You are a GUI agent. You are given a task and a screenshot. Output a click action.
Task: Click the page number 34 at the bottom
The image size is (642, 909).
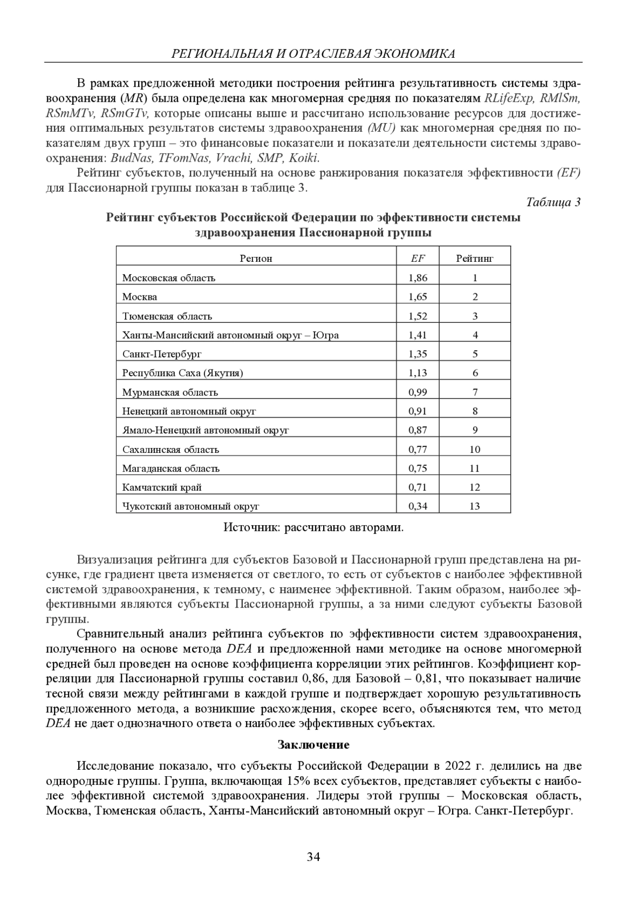(x=314, y=857)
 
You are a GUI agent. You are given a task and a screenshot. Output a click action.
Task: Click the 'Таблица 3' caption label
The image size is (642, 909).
(x=553, y=202)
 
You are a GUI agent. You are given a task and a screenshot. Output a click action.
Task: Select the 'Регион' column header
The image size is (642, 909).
(x=256, y=259)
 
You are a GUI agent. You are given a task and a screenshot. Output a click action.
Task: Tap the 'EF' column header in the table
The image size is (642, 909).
(x=418, y=259)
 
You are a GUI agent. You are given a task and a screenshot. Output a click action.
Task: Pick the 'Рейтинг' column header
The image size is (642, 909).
(x=475, y=259)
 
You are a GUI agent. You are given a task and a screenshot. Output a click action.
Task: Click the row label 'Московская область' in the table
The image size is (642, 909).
(x=169, y=278)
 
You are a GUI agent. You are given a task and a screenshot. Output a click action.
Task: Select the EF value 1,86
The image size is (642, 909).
(x=418, y=278)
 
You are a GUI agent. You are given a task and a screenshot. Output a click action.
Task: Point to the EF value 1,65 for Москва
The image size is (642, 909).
(x=418, y=297)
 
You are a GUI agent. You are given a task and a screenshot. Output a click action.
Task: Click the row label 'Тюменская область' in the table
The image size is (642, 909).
(x=167, y=316)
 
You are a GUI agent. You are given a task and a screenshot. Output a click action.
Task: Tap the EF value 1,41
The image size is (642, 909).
(x=418, y=336)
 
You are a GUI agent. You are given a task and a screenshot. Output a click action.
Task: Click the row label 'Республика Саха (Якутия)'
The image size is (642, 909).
(x=182, y=374)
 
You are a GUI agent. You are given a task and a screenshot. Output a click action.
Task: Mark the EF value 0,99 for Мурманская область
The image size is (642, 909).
(x=418, y=392)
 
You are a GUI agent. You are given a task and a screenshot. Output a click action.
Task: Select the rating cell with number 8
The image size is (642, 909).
(x=475, y=412)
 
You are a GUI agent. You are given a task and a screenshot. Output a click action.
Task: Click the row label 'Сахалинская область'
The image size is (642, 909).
(x=171, y=450)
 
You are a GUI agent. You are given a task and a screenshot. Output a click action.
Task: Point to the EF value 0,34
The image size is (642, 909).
(x=418, y=506)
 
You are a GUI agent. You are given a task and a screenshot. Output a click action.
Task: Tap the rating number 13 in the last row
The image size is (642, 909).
(x=475, y=506)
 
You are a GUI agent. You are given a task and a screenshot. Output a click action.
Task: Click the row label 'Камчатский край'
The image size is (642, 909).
(x=162, y=488)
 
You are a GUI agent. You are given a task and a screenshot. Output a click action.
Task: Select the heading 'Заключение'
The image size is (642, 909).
(x=314, y=745)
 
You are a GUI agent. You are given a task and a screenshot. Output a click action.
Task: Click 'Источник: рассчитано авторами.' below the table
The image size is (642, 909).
(x=314, y=528)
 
